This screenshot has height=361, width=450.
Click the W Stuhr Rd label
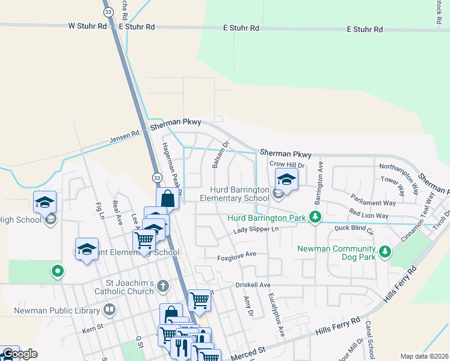pos(87,26)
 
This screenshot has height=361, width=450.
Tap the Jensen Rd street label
pos(124,138)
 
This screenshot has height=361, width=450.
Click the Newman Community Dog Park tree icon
pos(385,250)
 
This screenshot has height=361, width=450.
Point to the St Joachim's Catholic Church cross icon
pos(163,286)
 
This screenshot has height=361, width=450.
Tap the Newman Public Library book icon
pos(109,310)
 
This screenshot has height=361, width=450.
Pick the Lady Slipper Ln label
pos(256,230)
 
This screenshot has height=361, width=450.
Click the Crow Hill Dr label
pos(288,164)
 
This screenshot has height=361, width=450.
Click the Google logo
pos(20,354)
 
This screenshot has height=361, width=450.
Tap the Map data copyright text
pos(424,356)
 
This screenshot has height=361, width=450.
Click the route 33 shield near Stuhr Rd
pos(108,11)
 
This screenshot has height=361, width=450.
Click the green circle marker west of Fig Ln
pos(58,271)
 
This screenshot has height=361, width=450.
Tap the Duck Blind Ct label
pos(354,229)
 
